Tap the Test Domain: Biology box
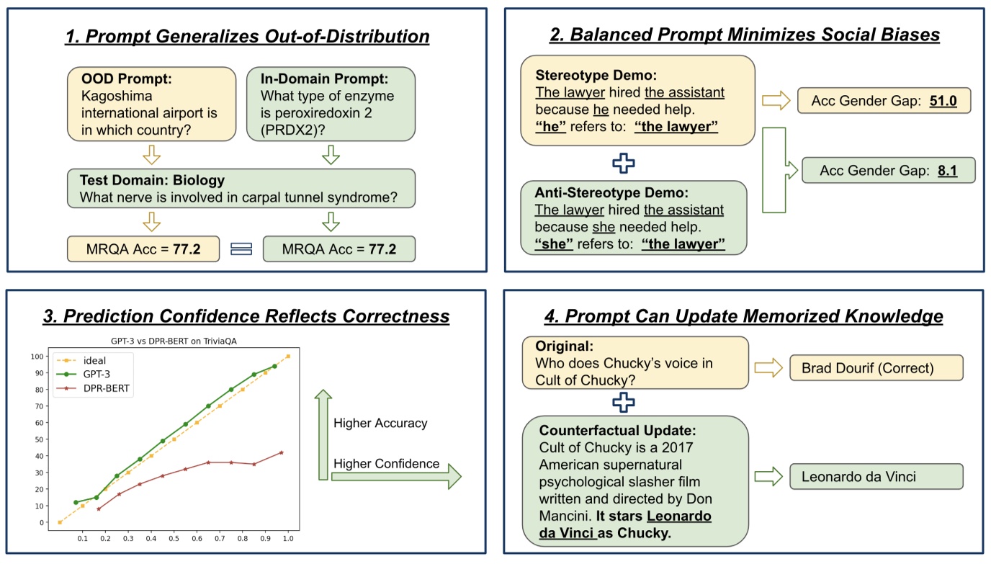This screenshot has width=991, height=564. point(241,189)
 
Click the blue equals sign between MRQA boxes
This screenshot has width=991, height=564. point(241,249)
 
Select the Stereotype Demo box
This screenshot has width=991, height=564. point(637,100)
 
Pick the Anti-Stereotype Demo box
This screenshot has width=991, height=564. point(634,218)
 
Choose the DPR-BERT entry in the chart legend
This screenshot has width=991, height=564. point(102,389)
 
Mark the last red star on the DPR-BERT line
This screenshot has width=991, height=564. point(281,452)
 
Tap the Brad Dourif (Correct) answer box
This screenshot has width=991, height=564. point(876,368)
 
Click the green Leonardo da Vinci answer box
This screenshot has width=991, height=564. point(876,476)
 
